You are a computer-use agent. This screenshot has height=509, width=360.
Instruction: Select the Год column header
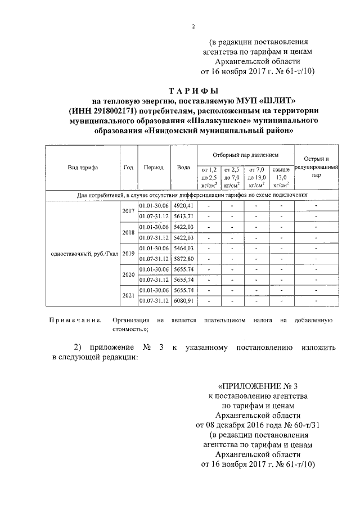128,168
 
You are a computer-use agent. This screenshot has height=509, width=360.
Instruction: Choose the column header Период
154,168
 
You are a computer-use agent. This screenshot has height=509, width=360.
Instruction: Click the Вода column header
183,168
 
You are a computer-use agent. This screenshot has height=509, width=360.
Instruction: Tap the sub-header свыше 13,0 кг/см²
280,177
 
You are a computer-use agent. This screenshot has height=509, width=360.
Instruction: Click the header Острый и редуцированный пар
316,167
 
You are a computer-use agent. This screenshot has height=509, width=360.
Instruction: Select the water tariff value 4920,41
183,205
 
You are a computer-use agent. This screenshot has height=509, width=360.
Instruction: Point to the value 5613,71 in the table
183,216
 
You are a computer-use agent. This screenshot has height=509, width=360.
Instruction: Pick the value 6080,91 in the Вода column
183,300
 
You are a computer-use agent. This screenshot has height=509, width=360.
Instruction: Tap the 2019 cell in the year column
128,253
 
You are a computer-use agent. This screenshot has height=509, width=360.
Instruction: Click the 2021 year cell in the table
128,295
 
